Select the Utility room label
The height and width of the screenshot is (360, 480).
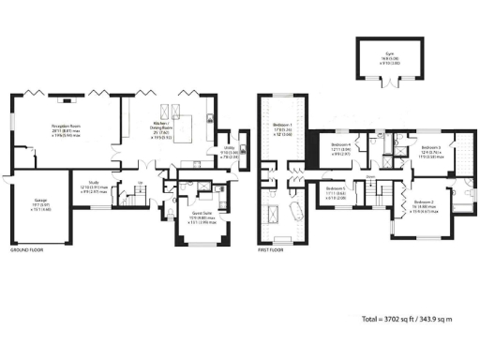[x=229, y=150]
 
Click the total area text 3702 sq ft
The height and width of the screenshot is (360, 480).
[x=406, y=320]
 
